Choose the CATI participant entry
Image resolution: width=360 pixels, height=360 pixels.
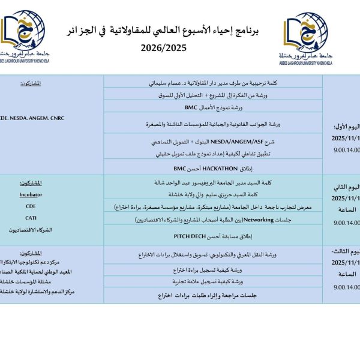click(x=31, y=218)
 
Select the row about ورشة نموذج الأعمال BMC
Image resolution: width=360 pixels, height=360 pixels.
click(x=214, y=107)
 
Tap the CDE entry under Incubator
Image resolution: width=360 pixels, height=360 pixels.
click(x=31, y=206)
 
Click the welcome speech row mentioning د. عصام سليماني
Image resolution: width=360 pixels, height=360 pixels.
click(x=213, y=83)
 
